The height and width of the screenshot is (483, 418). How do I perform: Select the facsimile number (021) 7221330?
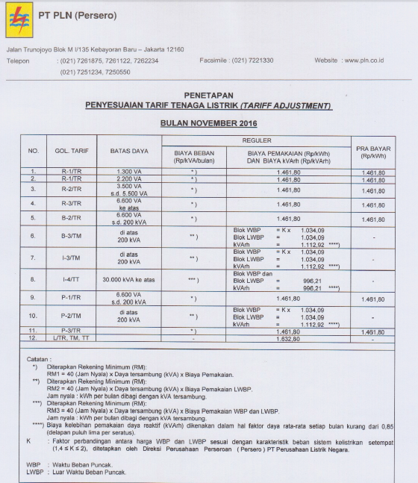(x=253, y=60)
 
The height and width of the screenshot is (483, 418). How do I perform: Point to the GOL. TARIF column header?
(x=72, y=152)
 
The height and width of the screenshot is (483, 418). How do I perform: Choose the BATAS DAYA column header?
(x=129, y=152)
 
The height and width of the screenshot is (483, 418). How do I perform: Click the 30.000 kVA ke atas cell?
(x=129, y=280)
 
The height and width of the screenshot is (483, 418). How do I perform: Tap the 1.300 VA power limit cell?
(x=129, y=172)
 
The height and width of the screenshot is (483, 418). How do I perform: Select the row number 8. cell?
(x=33, y=280)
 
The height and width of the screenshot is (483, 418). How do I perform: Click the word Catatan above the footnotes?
(x=38, y=358)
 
